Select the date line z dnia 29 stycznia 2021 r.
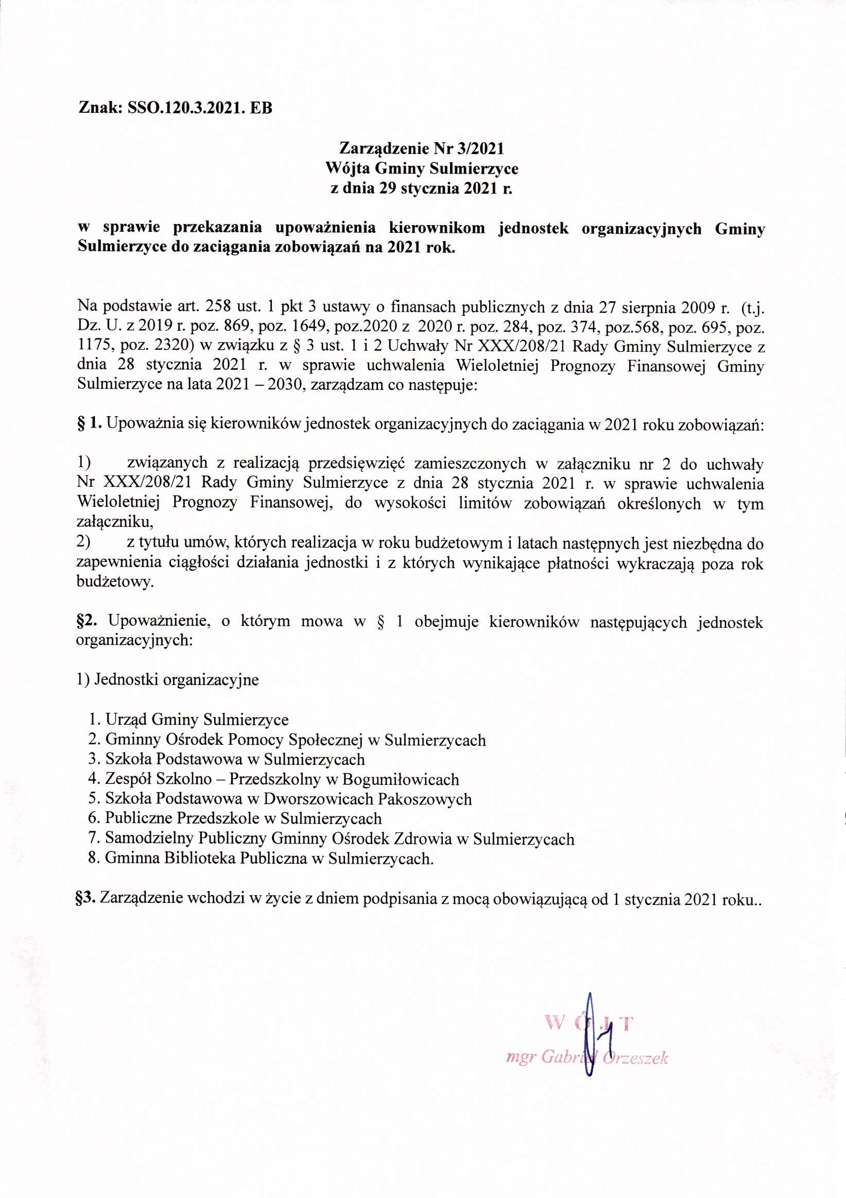(x=422, y=189)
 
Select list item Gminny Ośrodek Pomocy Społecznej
(x=295, y=740)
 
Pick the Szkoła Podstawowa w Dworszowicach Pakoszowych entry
(x=288, y=799)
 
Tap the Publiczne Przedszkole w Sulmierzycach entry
(x=243, y=819)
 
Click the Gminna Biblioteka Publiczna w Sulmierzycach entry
(x=269, y=858)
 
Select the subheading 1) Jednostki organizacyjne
(x=167, y=680)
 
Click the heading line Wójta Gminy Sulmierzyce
(x=422, y=168)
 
